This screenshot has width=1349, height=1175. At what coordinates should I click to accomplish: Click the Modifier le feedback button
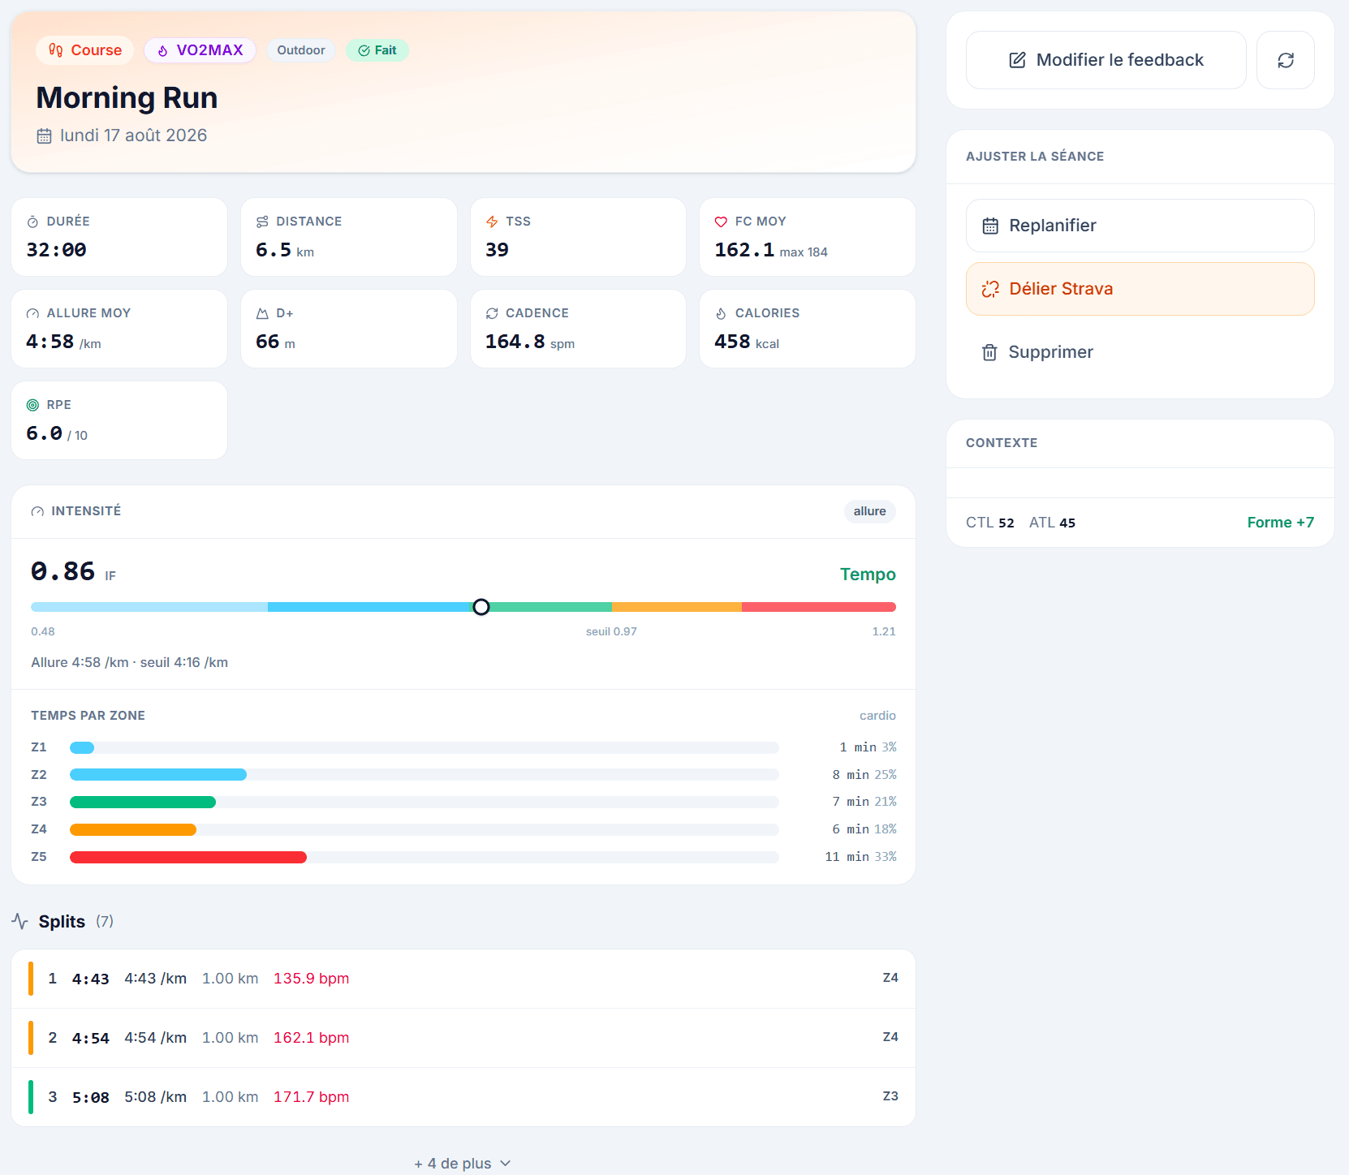1105,60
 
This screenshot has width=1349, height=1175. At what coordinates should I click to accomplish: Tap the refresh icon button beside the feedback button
1286,60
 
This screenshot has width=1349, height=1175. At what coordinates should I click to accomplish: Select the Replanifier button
1140,226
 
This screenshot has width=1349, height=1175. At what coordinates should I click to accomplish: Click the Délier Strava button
1140,289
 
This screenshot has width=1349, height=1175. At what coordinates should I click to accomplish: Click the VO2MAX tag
200,50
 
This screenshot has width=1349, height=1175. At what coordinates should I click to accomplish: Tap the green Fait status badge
377,50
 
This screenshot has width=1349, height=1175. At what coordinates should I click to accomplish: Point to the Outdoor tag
301,50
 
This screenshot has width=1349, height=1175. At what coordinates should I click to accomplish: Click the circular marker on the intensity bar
481,607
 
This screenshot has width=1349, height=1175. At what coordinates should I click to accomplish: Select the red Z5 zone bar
188,857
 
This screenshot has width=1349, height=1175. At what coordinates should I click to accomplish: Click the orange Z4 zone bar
133,829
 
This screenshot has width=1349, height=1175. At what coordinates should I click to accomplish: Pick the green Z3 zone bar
143,802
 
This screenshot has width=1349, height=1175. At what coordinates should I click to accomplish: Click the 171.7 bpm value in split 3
312,1097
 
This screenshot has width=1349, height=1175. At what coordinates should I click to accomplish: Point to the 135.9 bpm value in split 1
312,979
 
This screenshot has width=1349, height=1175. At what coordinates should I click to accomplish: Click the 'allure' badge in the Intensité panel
869,511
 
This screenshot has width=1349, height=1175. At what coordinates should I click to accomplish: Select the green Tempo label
868,575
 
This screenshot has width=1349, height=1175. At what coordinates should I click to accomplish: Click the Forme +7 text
1281,523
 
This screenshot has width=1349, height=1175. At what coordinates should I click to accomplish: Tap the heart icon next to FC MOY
721,222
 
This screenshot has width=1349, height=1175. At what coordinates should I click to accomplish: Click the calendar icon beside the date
45,136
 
